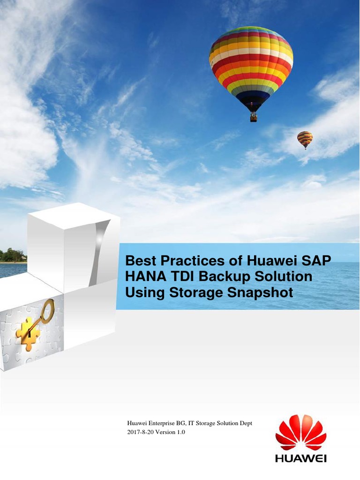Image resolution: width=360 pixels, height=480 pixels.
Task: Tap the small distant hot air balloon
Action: point(305,138)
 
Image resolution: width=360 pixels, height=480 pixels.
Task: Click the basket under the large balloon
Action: point(254,118)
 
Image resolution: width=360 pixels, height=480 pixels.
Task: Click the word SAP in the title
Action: point(311,261)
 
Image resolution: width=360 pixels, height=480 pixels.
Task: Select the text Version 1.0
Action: point(172,432)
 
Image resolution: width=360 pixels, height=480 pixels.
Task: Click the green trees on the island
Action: point(12,255)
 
